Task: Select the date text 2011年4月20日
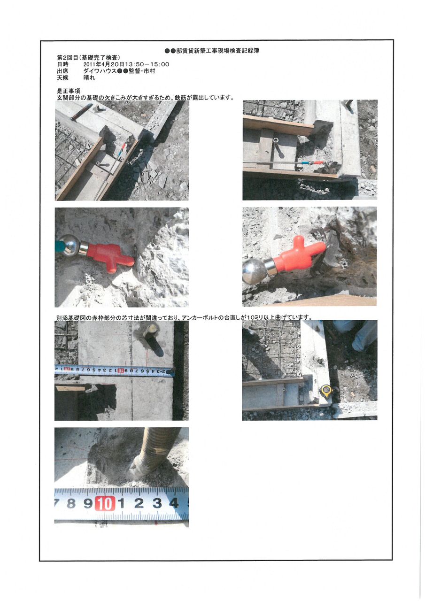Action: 104,64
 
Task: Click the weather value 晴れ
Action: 89,77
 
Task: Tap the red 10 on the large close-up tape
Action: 104,504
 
